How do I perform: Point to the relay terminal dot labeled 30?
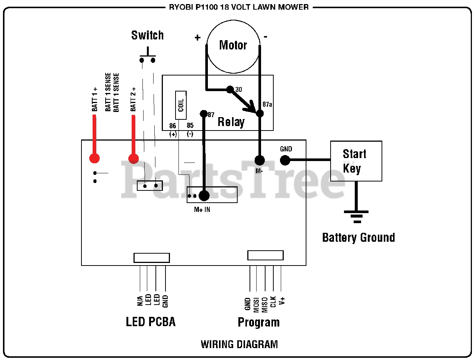click(x=230, y=89)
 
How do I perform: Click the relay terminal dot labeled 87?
click(x=203, y=114)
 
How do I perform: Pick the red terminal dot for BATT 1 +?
click(x=94, y=158)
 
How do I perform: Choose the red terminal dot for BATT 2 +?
click(x=134, y=158)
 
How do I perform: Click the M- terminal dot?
click(x=260, y=161)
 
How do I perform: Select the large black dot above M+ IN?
click(x=204, y=196)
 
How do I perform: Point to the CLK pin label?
click(x=273, y=302)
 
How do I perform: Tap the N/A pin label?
click(x=140, y=300)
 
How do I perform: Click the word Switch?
click(x=148, y=35)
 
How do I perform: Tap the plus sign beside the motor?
click(x=197, y=38)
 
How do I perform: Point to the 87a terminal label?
click(x=267, y=104)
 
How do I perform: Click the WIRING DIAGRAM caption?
click(x=239, y=344)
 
